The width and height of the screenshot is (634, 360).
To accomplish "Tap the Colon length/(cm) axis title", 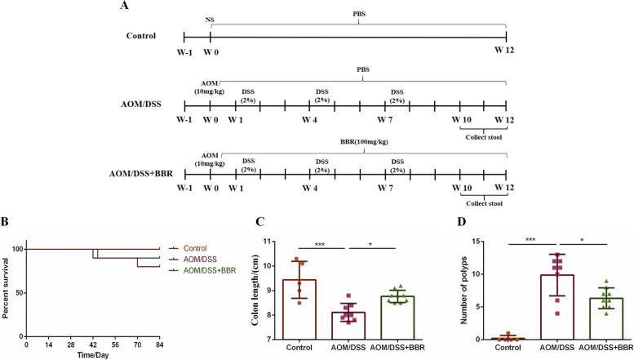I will tap(252, 289).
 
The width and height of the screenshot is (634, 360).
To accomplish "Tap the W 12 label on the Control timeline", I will tap(505, 51).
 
